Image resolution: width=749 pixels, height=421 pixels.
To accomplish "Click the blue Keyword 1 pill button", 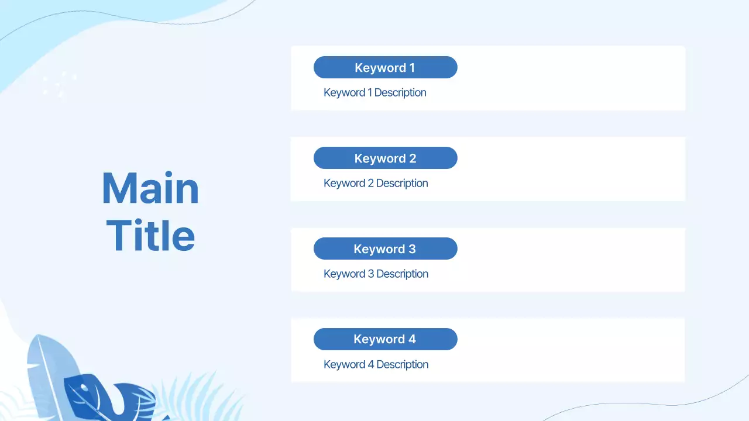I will [x=385, y=67].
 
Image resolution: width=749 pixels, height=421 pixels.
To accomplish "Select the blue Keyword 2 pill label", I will [x=385, y=158].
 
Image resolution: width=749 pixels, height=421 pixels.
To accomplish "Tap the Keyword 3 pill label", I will [x=385, y=249].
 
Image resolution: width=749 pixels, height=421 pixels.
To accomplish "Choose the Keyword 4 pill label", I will [x=385, y=339].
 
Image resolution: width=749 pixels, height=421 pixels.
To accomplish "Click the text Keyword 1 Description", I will [x=374, y=92].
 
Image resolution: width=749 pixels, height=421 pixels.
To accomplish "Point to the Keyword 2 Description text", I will [x=376, y=183].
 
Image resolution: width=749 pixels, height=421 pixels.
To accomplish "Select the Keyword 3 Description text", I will [x=376, y=274].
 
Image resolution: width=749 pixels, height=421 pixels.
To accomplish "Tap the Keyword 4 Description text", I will [x=376, y=364].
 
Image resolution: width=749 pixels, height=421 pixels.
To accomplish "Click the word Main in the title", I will [x=150, y=189].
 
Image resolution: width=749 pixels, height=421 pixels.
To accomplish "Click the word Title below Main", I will [x=150, y=236].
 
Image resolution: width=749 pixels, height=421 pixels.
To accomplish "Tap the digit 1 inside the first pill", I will [x=412, y=68].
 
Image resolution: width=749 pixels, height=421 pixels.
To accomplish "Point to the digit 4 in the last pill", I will [x=412, y=339].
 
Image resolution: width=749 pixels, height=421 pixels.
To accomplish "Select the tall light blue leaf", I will [x=47, y=368].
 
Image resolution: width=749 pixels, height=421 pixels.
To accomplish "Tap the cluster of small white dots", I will [x=59, y=85].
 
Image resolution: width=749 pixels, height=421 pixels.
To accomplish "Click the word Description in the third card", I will [x=402, y=274].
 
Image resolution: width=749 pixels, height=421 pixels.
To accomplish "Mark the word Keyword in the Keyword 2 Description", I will [x=344, y=183].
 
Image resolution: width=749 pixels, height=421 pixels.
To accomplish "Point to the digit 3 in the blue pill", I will [x=412, y=249].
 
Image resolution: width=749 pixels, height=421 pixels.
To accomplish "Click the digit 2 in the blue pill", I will [x=413, y=158].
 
